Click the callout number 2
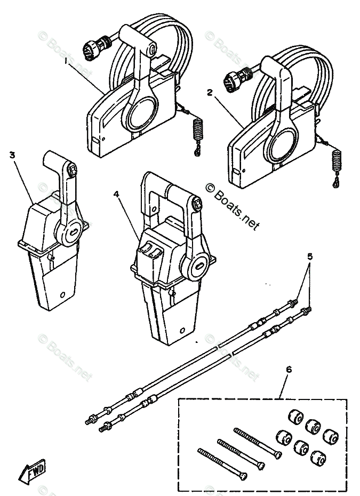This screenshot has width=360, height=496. click(210, 92)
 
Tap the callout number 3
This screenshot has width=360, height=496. click(12, 155)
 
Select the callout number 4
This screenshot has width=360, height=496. click(116, 195)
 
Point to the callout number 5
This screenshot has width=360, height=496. click(310, 257)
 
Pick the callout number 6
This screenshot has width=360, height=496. click(289, 369)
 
